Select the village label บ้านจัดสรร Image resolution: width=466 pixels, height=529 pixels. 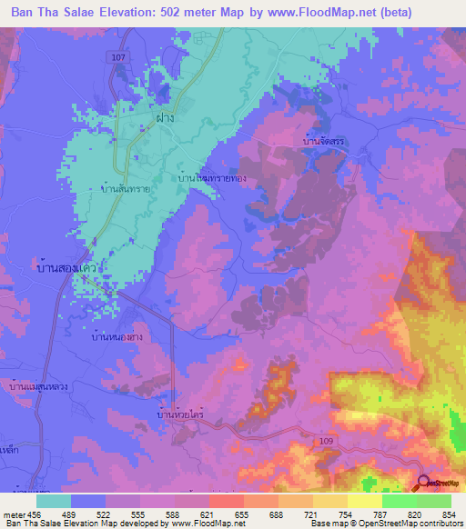325,143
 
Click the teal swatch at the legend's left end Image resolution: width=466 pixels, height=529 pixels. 54,501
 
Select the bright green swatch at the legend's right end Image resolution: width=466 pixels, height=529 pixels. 433,501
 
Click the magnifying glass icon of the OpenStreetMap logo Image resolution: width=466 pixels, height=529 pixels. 423,483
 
